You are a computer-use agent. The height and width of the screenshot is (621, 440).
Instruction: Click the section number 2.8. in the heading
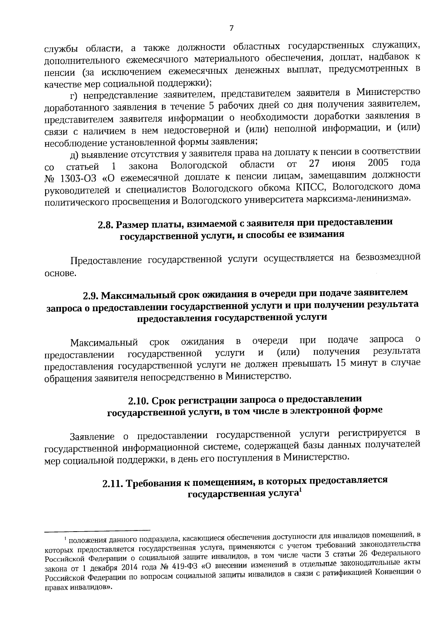(x=107, y=225)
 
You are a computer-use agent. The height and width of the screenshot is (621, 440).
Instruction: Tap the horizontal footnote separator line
(x=97, y=530)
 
